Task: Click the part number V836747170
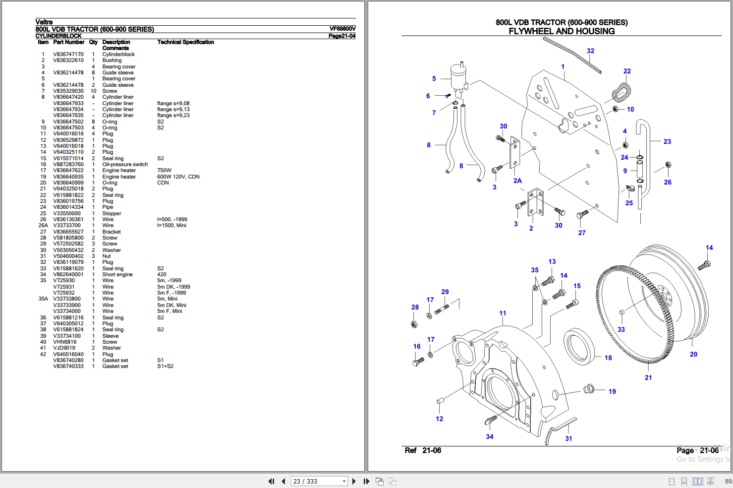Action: [68, 55]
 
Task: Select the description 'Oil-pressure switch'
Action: [125, 165]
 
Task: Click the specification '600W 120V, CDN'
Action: [178, 177]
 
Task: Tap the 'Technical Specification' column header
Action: [185, 42]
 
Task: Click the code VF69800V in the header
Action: [342, 29]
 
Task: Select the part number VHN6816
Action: [65, 342]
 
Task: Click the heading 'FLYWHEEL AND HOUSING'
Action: [562, 31]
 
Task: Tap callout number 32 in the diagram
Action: [590, 51]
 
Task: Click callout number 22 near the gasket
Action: [627, 71]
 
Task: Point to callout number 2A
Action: [517, 181]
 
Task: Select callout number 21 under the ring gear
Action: [648, 377]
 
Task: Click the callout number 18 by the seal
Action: [608, 358]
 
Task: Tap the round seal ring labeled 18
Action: [578, 346]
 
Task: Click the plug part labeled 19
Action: [589, 388]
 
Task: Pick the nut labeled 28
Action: [414, 324]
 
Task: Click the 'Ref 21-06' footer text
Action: [423, 450]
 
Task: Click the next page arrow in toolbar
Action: [354, 481]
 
